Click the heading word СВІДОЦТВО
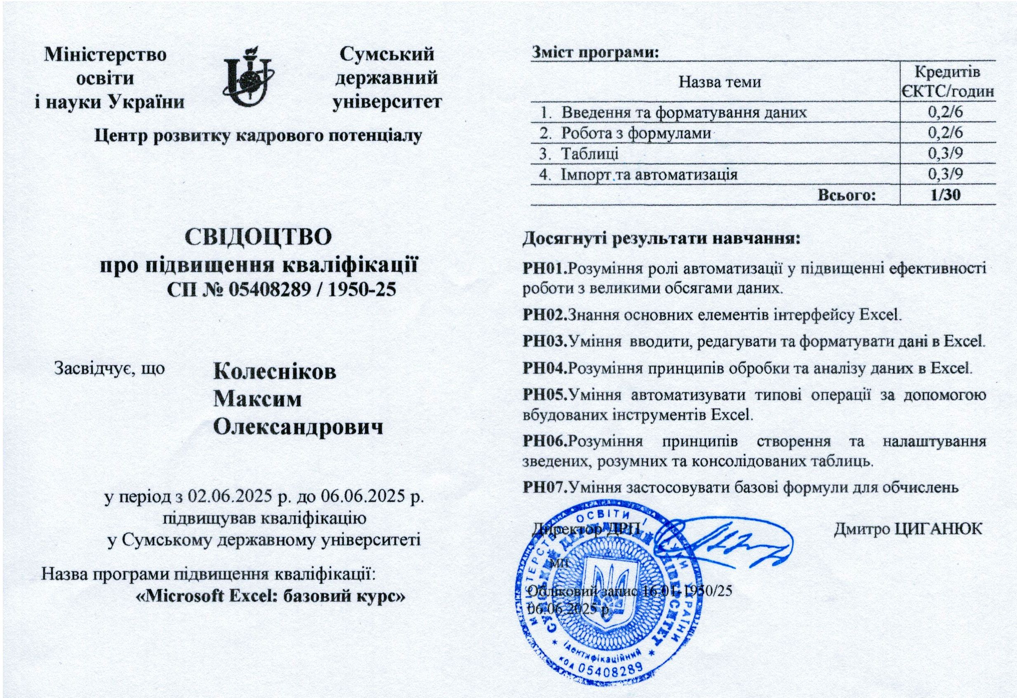(259, 237)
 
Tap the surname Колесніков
(275, 372)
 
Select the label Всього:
(847, 195)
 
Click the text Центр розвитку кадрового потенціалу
(258, 136)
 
